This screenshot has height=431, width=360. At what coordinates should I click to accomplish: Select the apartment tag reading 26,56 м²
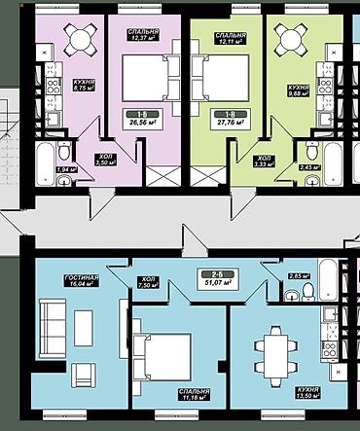click(x=143, y=119)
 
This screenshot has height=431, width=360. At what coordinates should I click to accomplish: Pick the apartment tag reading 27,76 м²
click(x=232, y=119)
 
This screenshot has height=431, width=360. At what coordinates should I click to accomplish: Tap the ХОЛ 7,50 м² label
click(x=147, y=281)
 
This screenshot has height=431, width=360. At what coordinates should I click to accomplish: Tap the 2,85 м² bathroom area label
click(x=296, y=275)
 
